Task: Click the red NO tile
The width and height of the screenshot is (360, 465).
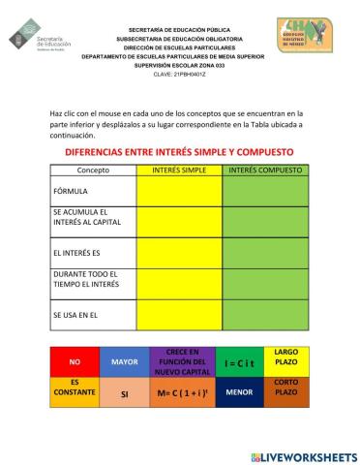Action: (75, 362)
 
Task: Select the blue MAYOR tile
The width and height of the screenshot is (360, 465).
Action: (125, 362)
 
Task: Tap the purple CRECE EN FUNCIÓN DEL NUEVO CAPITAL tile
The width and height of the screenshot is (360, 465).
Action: (182, 362)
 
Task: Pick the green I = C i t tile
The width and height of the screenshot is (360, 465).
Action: (238, 362)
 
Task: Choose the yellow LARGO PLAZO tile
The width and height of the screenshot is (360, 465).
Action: (286, 357)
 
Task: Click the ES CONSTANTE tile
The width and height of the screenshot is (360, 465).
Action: (75, 391)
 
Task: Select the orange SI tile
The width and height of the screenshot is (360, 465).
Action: (125, 394)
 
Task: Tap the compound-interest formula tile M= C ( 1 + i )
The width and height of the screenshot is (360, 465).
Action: (182, 393)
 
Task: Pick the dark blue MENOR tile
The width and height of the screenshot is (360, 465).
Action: (238, 393)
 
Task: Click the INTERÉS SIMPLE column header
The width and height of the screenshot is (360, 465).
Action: (180, 170)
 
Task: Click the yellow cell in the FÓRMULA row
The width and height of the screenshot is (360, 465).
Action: (180, 191)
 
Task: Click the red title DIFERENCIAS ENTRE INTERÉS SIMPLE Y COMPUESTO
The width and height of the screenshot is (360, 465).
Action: (179, 153)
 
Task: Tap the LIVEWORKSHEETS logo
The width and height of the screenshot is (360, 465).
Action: (303, 455)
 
